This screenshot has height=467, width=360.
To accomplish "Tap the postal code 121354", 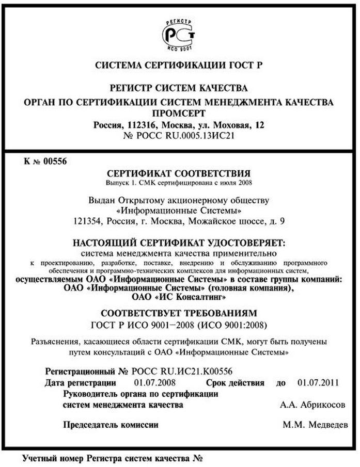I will click(x=86, y=221).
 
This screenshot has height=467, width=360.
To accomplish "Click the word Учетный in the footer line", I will click(x=39, y=458).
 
